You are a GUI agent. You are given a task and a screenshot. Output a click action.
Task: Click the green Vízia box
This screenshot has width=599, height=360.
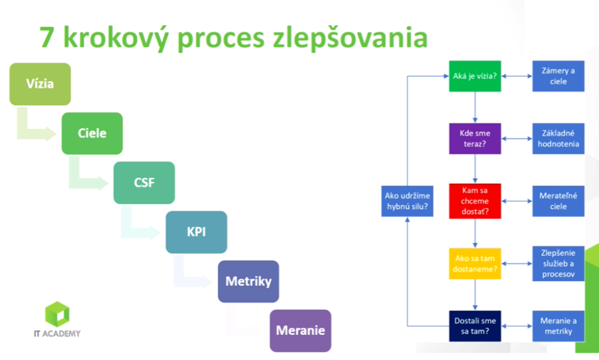point(40,84)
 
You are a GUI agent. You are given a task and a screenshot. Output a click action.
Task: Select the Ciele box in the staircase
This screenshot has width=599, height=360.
point(92,133)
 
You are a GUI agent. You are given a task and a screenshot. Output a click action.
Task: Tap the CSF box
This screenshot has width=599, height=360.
point(144,183)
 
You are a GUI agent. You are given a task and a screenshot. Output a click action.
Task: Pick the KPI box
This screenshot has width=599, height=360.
point(196,232)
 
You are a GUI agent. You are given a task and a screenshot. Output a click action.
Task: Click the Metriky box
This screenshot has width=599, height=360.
point(249,281)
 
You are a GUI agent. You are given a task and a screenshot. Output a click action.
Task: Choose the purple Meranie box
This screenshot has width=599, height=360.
point(301,330)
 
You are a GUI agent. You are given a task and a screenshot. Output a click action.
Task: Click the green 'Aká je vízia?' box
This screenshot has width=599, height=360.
point(475,76)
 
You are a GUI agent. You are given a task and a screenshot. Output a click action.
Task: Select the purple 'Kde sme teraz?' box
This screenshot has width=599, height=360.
point(475,139)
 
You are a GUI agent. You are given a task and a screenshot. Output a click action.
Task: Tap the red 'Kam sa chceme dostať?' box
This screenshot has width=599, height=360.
point(475,201)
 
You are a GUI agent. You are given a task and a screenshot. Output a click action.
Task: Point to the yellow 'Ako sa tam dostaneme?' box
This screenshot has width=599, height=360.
point(475,264)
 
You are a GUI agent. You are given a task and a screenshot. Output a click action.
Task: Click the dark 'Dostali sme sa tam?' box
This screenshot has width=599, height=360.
point(475,326)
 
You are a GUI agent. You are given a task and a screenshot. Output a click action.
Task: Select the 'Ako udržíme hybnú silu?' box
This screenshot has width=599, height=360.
point(407,201)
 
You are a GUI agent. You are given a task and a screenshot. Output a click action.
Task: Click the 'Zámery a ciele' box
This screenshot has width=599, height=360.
point(558,76)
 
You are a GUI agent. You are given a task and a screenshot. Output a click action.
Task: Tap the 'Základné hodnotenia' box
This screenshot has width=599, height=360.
point(558,139)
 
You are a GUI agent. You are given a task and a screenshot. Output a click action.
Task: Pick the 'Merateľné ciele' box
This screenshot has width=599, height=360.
point(558,201)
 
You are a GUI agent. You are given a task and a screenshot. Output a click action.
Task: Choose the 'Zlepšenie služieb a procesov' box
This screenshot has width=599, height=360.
point(558,264)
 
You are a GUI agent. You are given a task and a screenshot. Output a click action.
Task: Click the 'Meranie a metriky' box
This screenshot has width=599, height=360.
point(558,326)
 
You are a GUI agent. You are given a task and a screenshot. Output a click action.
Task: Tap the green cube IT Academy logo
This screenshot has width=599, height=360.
point(57,314)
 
